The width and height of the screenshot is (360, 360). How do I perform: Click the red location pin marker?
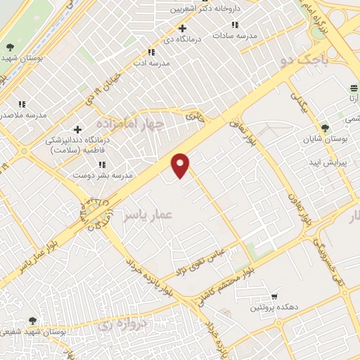click(181, 165)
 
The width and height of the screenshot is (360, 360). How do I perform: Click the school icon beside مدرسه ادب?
click(150, 52)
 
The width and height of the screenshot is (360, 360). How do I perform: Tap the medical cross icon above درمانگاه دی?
click(183, 29)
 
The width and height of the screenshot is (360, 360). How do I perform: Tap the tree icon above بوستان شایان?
click(325, 128)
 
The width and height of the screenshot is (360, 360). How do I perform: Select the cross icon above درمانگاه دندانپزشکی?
click(77, 129)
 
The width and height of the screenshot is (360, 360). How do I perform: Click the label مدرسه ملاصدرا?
click(23, 113)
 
